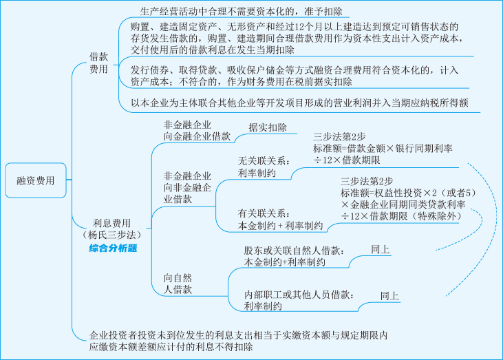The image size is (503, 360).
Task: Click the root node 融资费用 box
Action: (36, 181)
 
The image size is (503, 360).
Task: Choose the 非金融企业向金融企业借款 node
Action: (187, 131)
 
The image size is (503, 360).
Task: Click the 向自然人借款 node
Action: (178, 284)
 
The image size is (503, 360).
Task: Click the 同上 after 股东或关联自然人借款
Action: (380, 250)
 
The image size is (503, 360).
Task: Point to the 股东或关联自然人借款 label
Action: (295, 250)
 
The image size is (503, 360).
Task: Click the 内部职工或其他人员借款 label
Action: (299, 294)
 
